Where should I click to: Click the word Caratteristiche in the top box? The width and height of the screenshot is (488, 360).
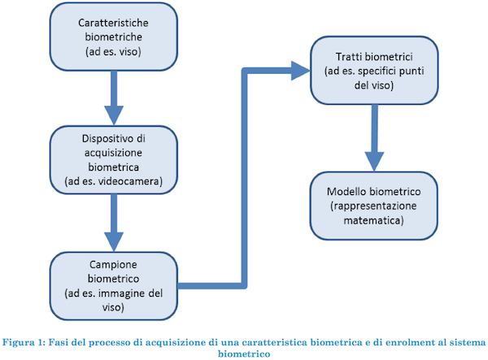click(x=113, y=23)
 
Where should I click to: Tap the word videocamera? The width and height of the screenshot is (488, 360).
click(x=131, y=181)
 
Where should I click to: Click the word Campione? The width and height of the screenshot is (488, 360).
click(x=113, y=265)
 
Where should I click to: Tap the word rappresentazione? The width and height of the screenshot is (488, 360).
click(x=375, y=206)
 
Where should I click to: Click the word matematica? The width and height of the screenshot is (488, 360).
click(x=372, y=220)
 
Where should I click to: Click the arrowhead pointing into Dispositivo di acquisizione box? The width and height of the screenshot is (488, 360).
click(x=114, y=115)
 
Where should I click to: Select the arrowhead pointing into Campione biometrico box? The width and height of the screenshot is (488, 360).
click(x=114, y=241)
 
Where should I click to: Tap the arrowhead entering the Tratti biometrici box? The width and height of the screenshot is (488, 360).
click(x=300, y=71)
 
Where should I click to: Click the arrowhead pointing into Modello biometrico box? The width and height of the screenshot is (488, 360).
click(x=374, y=162)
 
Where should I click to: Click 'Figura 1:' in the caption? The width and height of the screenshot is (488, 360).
click(x=24, y=343)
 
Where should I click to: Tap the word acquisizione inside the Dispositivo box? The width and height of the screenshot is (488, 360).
click(x=113, y=153)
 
